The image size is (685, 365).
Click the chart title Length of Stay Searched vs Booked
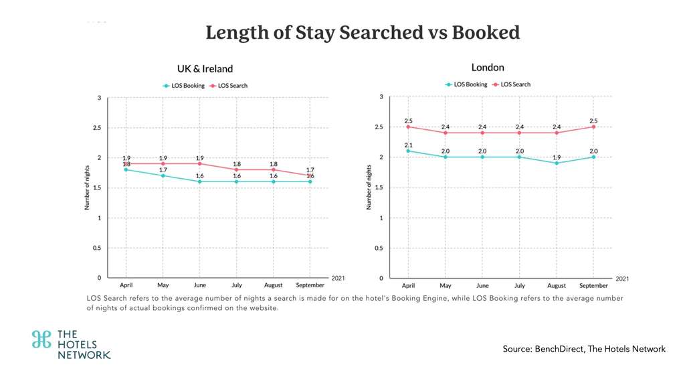(x=363, y=32)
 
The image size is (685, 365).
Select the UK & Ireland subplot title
(x=205, y=68)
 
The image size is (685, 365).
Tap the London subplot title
(x=488, y=67)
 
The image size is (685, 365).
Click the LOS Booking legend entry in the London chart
(x=466, y=84)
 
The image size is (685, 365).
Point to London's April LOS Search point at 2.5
(x=408, y=127)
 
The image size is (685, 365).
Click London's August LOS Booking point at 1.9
(x=557, y=163)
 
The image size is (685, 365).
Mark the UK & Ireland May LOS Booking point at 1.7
(x=163, y=175)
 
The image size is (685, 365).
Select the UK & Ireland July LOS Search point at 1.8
(x=236, y=169)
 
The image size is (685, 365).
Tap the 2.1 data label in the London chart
(x=408, y=144)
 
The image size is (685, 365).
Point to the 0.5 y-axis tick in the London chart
(x=378, y=247)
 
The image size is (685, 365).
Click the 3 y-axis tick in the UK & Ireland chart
(x=99, y=98)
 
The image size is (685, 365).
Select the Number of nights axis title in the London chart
(x=369, y=188)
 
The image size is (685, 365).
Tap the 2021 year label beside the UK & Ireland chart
(x=339, y=277)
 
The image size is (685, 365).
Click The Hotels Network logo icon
(x=41, y=339)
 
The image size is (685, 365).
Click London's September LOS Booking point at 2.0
(x=593, y=157)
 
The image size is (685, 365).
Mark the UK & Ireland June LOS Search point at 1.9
(x=199, y=163)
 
